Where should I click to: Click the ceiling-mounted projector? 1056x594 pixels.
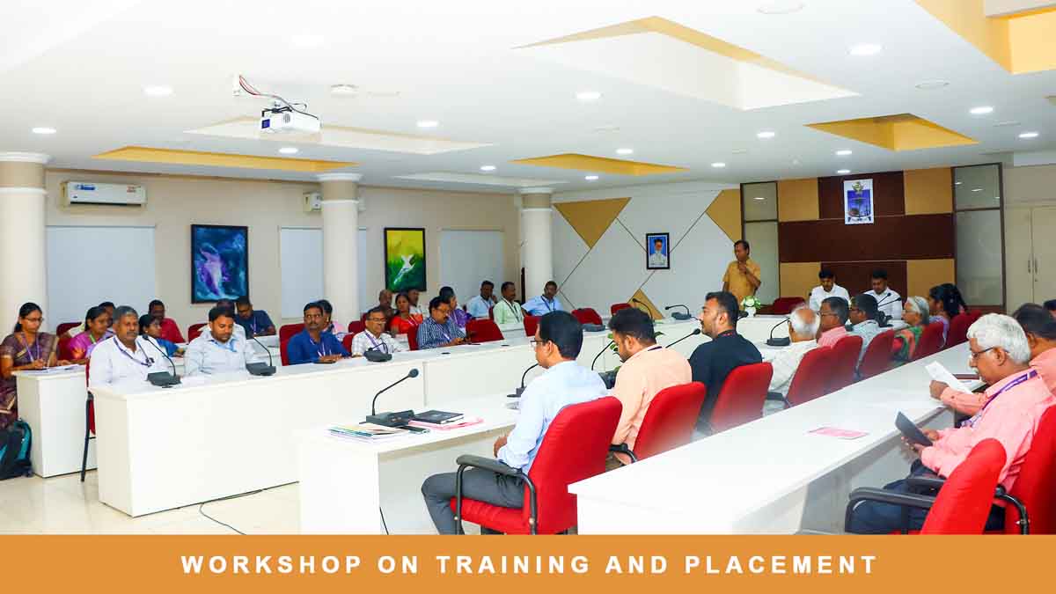pyautogui.click(x=290, y=121)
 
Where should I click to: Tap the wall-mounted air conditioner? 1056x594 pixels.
pyautogui.click(x=104, y=194)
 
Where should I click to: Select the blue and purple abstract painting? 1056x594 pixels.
pyautogui.click(x=219, y=263)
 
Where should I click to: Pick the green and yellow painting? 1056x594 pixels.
pyautogui.click(x=405, y=260)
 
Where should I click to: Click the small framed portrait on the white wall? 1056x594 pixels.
pyautogui.click(x=657, y=251)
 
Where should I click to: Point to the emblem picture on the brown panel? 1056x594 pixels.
pyautogui.click(x=859, y=202)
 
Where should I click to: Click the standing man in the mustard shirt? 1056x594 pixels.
pyautogui.click(x=741, y=274)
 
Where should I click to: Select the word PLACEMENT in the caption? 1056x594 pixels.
pyautogui.click(x=781, y=564)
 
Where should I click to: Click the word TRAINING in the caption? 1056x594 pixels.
pyautogui.click(x=512, y=564)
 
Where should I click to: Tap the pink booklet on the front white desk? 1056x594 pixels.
pyautogui.click(x=837, y=433)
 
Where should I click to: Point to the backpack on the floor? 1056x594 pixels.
pyautogui.click(x=15, y=450)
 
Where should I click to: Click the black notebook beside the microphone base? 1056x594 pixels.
pyautogui.click(x=437, y=417)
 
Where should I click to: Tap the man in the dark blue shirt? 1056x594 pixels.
pyautogui.click(x=316, y=335)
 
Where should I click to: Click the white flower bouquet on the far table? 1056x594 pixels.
pyautogui.click(x=750, y=305)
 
